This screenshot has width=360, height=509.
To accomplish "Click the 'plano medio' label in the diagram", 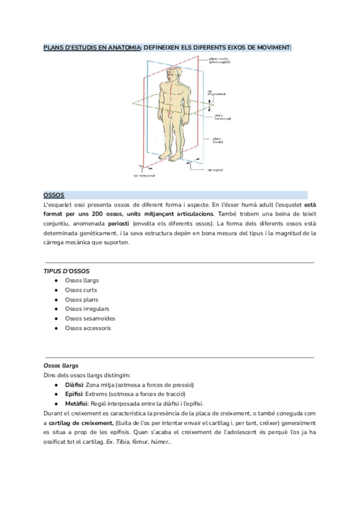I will click(218, 59).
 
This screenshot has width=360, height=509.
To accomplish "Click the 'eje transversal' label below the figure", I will click(144, 176).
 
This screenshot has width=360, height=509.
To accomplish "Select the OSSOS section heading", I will click(54, 195).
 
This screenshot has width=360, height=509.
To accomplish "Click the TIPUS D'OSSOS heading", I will click(67, 271).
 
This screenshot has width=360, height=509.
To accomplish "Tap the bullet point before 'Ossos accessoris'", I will click(56, 328).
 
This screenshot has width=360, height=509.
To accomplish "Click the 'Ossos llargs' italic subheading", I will click(61, 366).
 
